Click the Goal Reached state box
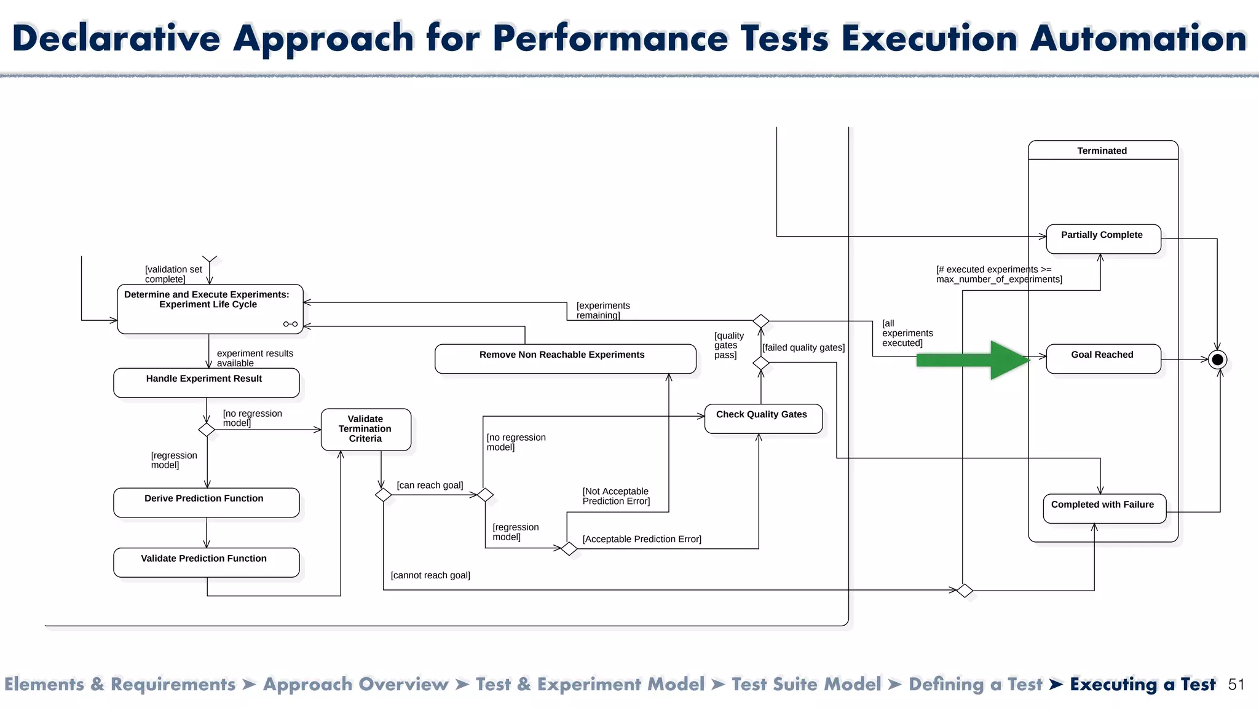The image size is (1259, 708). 1103,359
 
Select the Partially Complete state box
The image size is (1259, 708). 1103,239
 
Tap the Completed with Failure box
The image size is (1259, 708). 1104,509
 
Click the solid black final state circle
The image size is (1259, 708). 1217,360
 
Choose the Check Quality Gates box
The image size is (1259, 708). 762,419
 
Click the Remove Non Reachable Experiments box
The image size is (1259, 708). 565,359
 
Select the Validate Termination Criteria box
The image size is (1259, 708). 366,429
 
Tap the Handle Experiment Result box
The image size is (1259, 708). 206,383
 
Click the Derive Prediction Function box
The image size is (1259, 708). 206,503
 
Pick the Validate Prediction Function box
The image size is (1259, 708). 206,562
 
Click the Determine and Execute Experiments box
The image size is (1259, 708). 210,309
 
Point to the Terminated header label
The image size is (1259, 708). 1102,151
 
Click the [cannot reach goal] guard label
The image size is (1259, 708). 430,575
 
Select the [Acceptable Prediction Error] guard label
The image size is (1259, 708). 642,539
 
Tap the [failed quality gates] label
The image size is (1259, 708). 803,347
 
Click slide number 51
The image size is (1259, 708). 1236,685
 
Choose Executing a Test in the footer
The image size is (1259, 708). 1142,685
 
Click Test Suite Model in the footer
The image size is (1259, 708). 806,685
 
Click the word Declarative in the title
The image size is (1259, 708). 116,38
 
